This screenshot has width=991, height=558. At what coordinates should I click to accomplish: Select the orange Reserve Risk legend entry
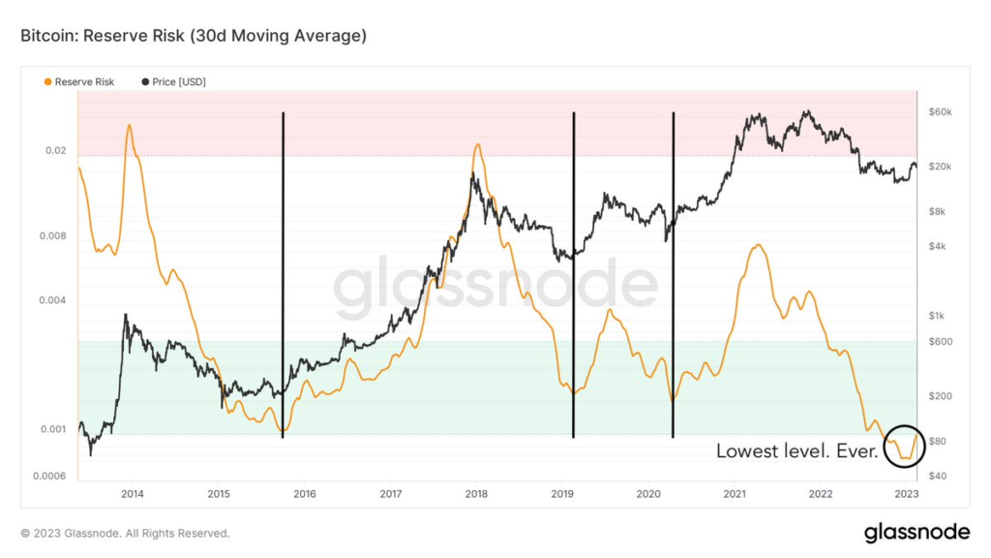[x=78, y=81]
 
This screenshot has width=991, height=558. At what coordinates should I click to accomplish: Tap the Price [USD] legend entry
[x=174, y=81]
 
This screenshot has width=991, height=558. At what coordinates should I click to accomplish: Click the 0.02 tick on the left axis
[x=56, y=151]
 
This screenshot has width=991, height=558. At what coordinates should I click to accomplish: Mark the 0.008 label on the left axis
[x=54, y=236]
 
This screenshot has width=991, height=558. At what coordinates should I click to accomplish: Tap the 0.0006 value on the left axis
[x=51, y=476]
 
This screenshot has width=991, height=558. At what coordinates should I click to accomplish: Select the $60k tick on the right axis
[x=941, y=112]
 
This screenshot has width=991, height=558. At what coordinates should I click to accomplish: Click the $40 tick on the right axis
[x=937, y=476]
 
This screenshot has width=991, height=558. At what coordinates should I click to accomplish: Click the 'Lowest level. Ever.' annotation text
[x=796, y=451]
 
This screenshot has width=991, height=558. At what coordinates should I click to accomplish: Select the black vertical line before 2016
[x=283, y=275]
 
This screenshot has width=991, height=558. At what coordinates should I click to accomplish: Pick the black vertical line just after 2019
[x=574, y=275]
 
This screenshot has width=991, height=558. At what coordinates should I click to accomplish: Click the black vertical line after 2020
[x=673, y=275]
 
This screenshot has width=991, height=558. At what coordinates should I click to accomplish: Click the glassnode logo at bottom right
[x=916, y=532]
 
